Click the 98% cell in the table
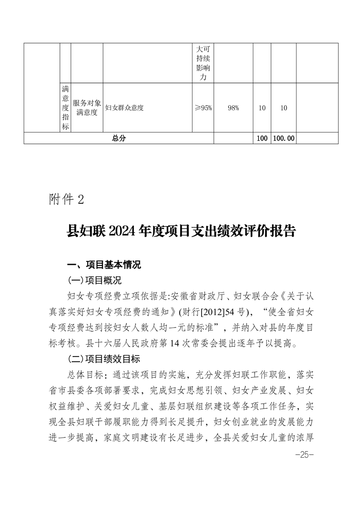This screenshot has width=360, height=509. [233, 108]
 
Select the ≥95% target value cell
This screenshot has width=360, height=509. [203, 108]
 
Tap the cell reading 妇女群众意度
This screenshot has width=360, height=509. [124, 108]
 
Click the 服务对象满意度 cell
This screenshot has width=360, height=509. [87, 108]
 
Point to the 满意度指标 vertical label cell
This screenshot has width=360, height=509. [65, 108]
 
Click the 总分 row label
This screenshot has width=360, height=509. [118, 138]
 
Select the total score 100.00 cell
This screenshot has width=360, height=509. [283, 138]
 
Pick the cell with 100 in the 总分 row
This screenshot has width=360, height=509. [261, 138]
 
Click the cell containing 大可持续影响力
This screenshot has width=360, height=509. [203, 63]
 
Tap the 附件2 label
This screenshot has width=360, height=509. [66, 200]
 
